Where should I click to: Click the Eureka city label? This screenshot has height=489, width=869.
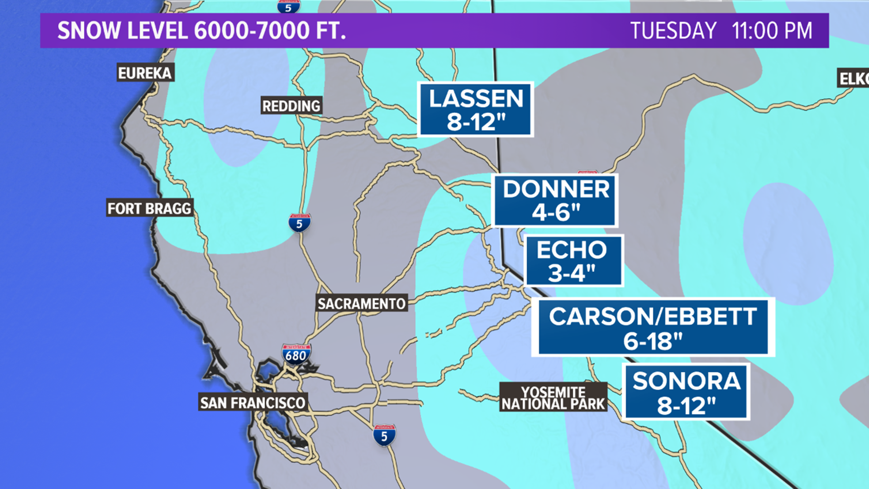[145, 73]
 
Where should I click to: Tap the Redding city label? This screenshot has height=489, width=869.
[291, 106]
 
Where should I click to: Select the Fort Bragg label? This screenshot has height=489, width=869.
[149, 208]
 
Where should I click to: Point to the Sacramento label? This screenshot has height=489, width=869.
[361, 303]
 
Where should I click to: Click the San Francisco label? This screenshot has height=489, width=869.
[253, 403]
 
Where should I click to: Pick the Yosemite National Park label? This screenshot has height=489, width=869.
[553, 398]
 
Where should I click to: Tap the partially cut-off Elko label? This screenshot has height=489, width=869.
[854, 79]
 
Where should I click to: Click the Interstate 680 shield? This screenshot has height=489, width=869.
[296, 355]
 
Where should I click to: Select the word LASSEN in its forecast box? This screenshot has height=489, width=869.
[476, 98]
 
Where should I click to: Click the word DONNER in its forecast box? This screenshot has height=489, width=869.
[556, 189]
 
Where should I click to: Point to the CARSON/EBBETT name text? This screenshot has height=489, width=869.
[653, 316]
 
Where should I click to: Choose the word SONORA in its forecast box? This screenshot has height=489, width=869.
[686, 381]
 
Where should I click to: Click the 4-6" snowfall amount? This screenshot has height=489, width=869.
[556, 212]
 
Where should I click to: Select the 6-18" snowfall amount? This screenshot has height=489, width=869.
[653, 341]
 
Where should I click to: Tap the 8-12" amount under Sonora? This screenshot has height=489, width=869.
[686, 406]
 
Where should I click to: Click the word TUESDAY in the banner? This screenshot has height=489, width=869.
[673, 31]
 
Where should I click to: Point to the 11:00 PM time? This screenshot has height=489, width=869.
[772, 31]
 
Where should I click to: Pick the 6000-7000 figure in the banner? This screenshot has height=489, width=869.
[252, 31]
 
